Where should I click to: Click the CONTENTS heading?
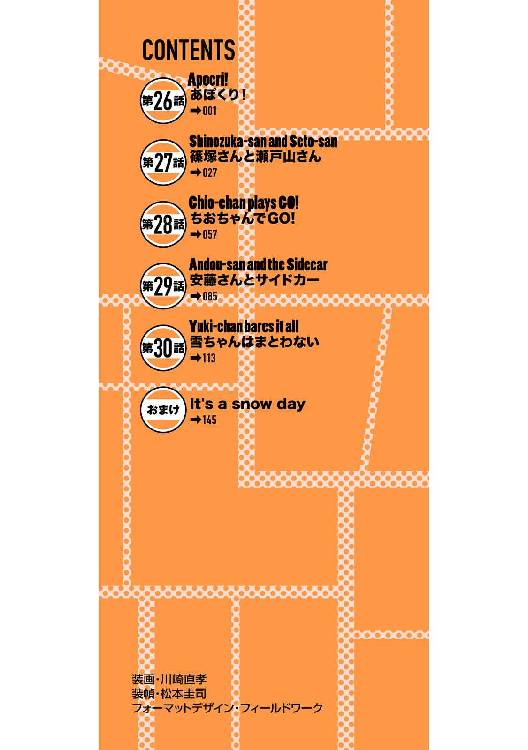[x=188, y=50]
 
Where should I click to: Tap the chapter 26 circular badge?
[x=163, y=101]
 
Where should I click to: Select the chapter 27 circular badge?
[x=163, y=162]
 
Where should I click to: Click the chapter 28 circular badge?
[x=163, y=225]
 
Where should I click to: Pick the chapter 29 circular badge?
[x=163, y=286]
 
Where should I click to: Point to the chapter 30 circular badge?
[x=163, y=348]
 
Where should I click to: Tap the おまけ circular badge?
[x=163, y=410]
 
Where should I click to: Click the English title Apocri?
[x=208, y=79]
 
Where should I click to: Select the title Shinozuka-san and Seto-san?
[x=263, y=141]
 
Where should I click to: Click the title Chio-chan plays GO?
[x=244, y=203]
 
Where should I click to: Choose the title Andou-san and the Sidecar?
[x=258, y=265]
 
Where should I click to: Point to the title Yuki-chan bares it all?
[x=244, y=326]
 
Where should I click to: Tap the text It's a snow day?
[x=248, y=404]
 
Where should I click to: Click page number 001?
[x=209, y=111]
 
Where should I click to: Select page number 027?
[x=210, y=173]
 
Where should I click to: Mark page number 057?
[x=210, y=234]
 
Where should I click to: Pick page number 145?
[x=209, y=420]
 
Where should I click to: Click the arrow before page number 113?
[x=195, y=358]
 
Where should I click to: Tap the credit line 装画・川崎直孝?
[x=169, y=679]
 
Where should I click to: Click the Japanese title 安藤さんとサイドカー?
[x=254, y=280]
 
